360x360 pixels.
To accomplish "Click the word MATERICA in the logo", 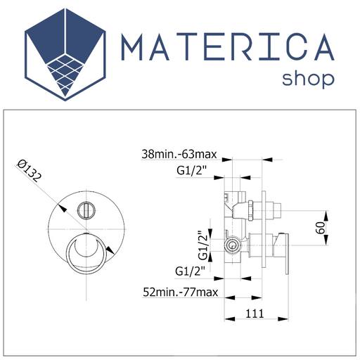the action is pyautogui.click(x=228, y=47).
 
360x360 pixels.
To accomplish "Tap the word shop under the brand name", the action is pyautogui.click(x=308, y=79).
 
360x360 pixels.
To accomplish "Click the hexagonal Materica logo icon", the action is pyautogui.click(x=65, y=55).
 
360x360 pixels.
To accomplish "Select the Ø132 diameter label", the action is pyautogui.click(x=29, y=170).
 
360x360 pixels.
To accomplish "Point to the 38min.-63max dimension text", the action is pyautogui.click(x=179, y=155).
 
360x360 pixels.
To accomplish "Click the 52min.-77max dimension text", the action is pyautogui.click(x=180, y=292).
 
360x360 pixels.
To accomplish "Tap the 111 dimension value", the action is pyautogui.click(x=255, y=314).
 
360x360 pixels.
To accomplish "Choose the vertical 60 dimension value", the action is pyautogui.click(x=321, y=228).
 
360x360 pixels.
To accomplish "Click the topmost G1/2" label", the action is pyautogui.click(x=192, y=171).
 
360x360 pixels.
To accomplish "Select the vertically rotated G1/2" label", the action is pyautogui.click(x=203, y=245).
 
